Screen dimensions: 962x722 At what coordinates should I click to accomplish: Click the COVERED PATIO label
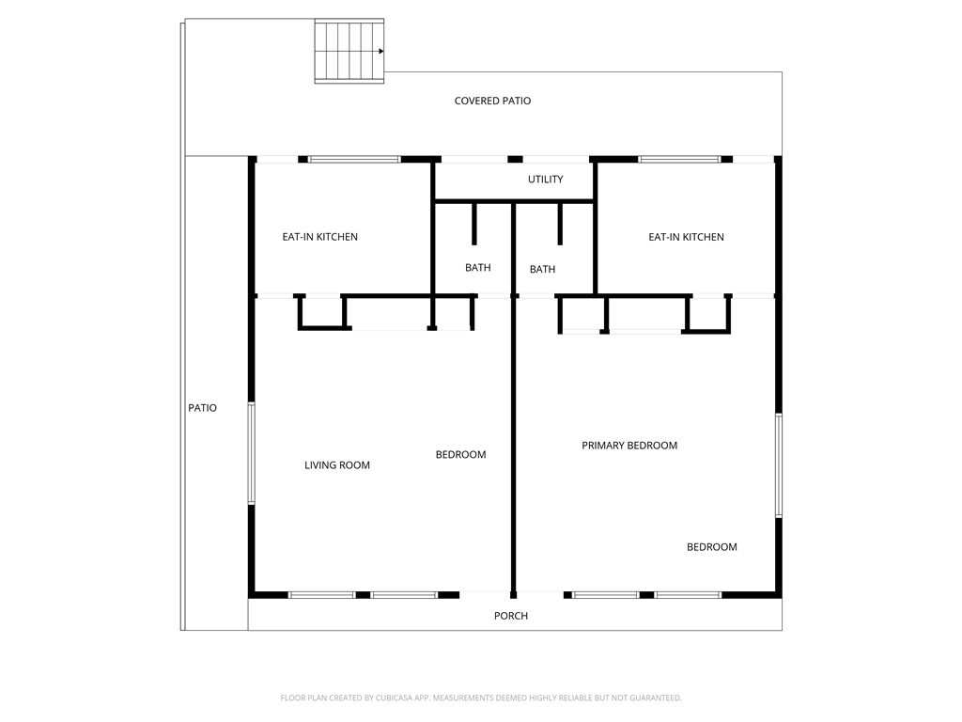[492, 101]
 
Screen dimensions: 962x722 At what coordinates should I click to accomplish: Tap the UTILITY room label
[546, 180]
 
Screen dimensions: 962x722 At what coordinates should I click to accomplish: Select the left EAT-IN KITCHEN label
[319, 237]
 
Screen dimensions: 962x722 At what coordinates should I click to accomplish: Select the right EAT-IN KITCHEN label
[686, 237]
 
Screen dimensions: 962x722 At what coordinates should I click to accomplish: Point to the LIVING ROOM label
[337, 465]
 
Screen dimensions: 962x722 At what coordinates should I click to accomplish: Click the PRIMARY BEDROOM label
[629, 446]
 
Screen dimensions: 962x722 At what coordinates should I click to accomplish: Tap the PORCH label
[511, 616]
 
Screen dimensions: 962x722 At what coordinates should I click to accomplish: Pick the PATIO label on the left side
[203, 408]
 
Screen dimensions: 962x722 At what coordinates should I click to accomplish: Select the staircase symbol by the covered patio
[349, 51]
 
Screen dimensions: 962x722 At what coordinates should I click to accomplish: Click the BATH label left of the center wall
[478, 268]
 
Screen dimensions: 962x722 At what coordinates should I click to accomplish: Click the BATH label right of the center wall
[542, 270]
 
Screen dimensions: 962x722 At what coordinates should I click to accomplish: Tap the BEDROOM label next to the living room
[460, 455]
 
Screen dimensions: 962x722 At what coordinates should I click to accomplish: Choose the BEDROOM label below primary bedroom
[712, 547]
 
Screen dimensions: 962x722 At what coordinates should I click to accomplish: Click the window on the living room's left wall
[252, 453]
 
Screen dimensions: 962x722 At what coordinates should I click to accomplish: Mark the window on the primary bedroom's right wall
[779, 465]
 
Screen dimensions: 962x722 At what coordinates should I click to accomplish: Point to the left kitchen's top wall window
[354, 160]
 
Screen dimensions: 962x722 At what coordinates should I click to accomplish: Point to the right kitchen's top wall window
[679, 160]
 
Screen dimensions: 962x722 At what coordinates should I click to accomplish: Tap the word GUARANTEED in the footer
[656, 698]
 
